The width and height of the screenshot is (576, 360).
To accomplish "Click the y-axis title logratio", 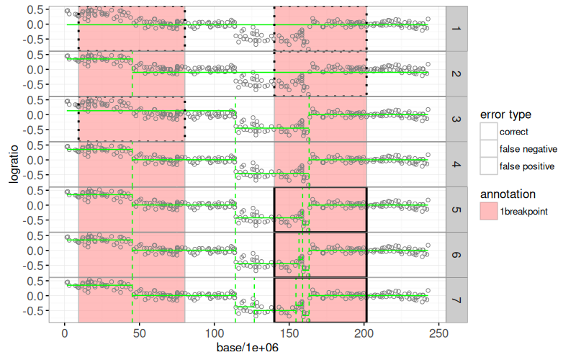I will tap(14, 163).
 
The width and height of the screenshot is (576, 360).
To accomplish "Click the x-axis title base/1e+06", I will tap(247, 348).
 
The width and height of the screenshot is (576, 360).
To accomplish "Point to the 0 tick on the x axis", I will tap(65, 334).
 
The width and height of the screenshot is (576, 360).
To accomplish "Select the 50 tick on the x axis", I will tap(140, 334).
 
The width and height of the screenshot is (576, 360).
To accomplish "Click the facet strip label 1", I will tap(456, 28).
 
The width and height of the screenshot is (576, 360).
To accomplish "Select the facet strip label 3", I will tap(456, 119).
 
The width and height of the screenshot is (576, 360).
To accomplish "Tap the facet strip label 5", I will tap(456, 210).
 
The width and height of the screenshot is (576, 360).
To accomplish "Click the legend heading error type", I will tap(505, 114).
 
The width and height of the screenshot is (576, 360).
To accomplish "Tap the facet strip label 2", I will tap(456, 73).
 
